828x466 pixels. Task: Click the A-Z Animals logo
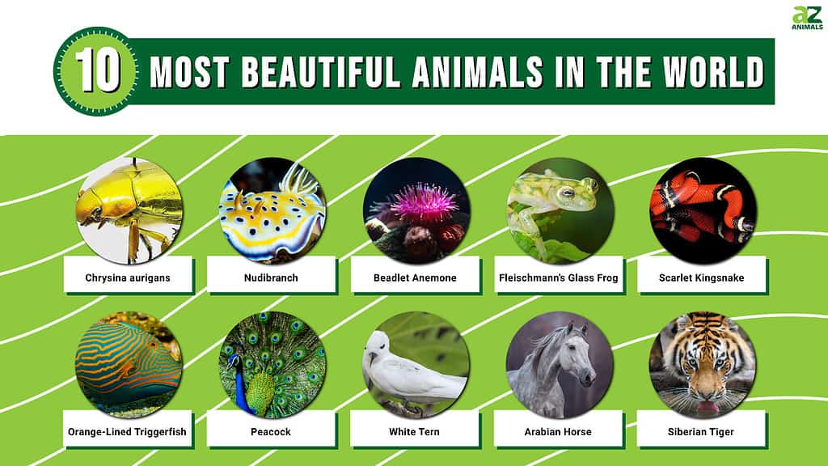pos(808,18)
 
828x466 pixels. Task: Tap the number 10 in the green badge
pos(98,71)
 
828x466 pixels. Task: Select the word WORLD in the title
pos(713,71)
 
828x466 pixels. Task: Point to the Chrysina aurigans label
pos(128,278)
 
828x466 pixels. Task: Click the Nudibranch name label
pos(271,278)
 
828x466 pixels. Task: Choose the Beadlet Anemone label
pos(415,278)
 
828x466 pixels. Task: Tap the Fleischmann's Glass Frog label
pos(558,278)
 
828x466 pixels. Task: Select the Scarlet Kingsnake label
pos(701,278)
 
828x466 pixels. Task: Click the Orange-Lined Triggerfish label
pos(127,432)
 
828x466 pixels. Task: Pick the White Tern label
pos(414,432)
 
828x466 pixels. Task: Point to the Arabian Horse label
pos(558,432)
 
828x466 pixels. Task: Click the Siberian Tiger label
pos(701,432)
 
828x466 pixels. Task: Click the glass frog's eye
pos(568,192)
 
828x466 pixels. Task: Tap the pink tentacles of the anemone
pos(422,203)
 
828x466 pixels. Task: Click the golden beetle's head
pos(91,209)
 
